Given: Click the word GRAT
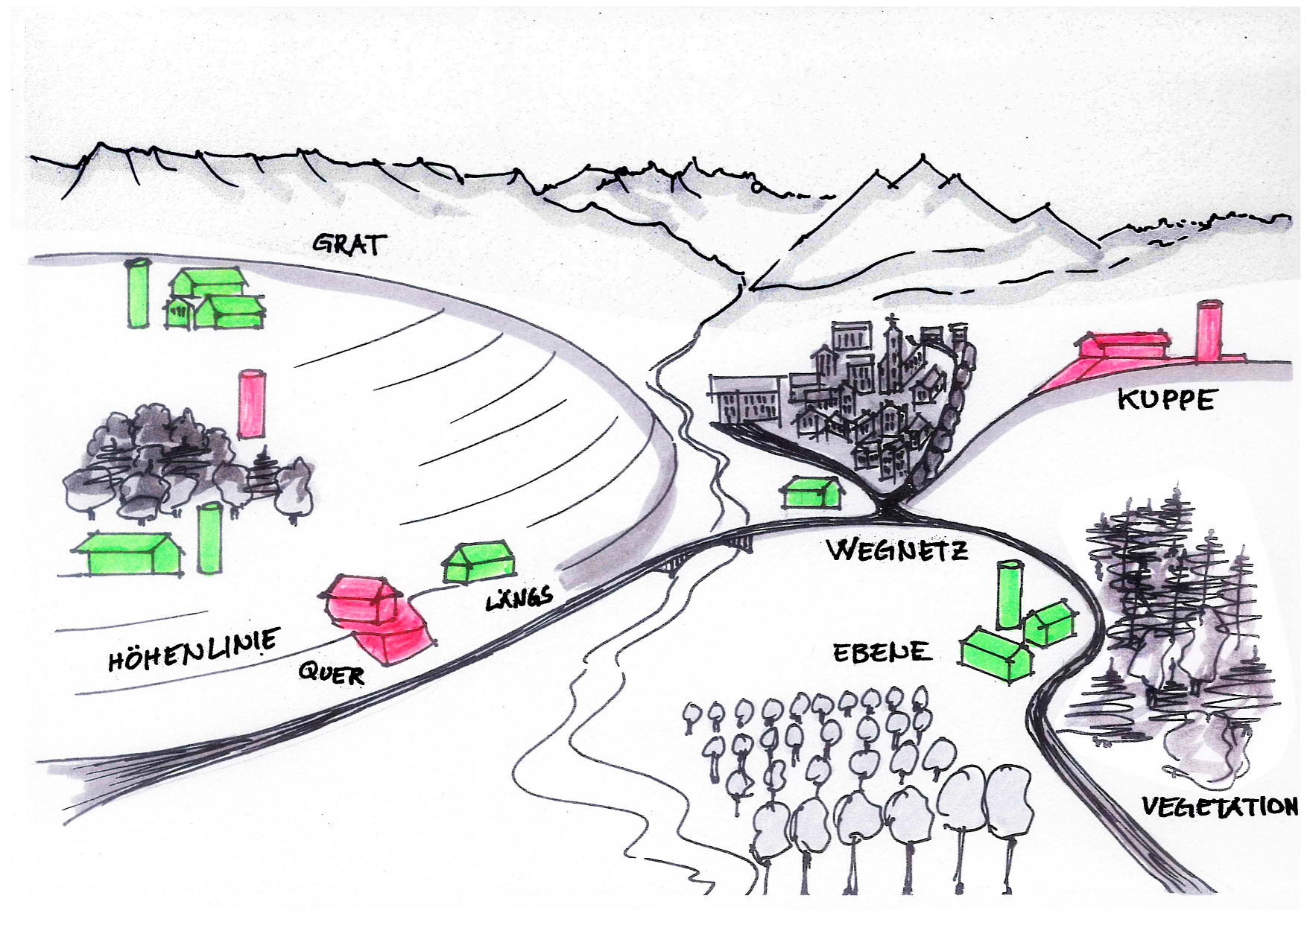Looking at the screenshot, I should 349,244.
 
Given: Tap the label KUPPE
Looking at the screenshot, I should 1166,400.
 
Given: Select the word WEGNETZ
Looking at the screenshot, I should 898,550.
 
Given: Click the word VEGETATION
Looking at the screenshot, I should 1219,807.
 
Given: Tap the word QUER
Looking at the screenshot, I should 331,674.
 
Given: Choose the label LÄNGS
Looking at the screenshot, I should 520,597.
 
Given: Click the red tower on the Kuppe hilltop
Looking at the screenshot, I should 1209,331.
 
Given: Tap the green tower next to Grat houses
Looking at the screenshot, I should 138,293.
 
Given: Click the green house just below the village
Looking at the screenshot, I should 811,492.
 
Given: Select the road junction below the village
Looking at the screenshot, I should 888,509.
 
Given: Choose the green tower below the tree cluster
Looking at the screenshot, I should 209,538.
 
